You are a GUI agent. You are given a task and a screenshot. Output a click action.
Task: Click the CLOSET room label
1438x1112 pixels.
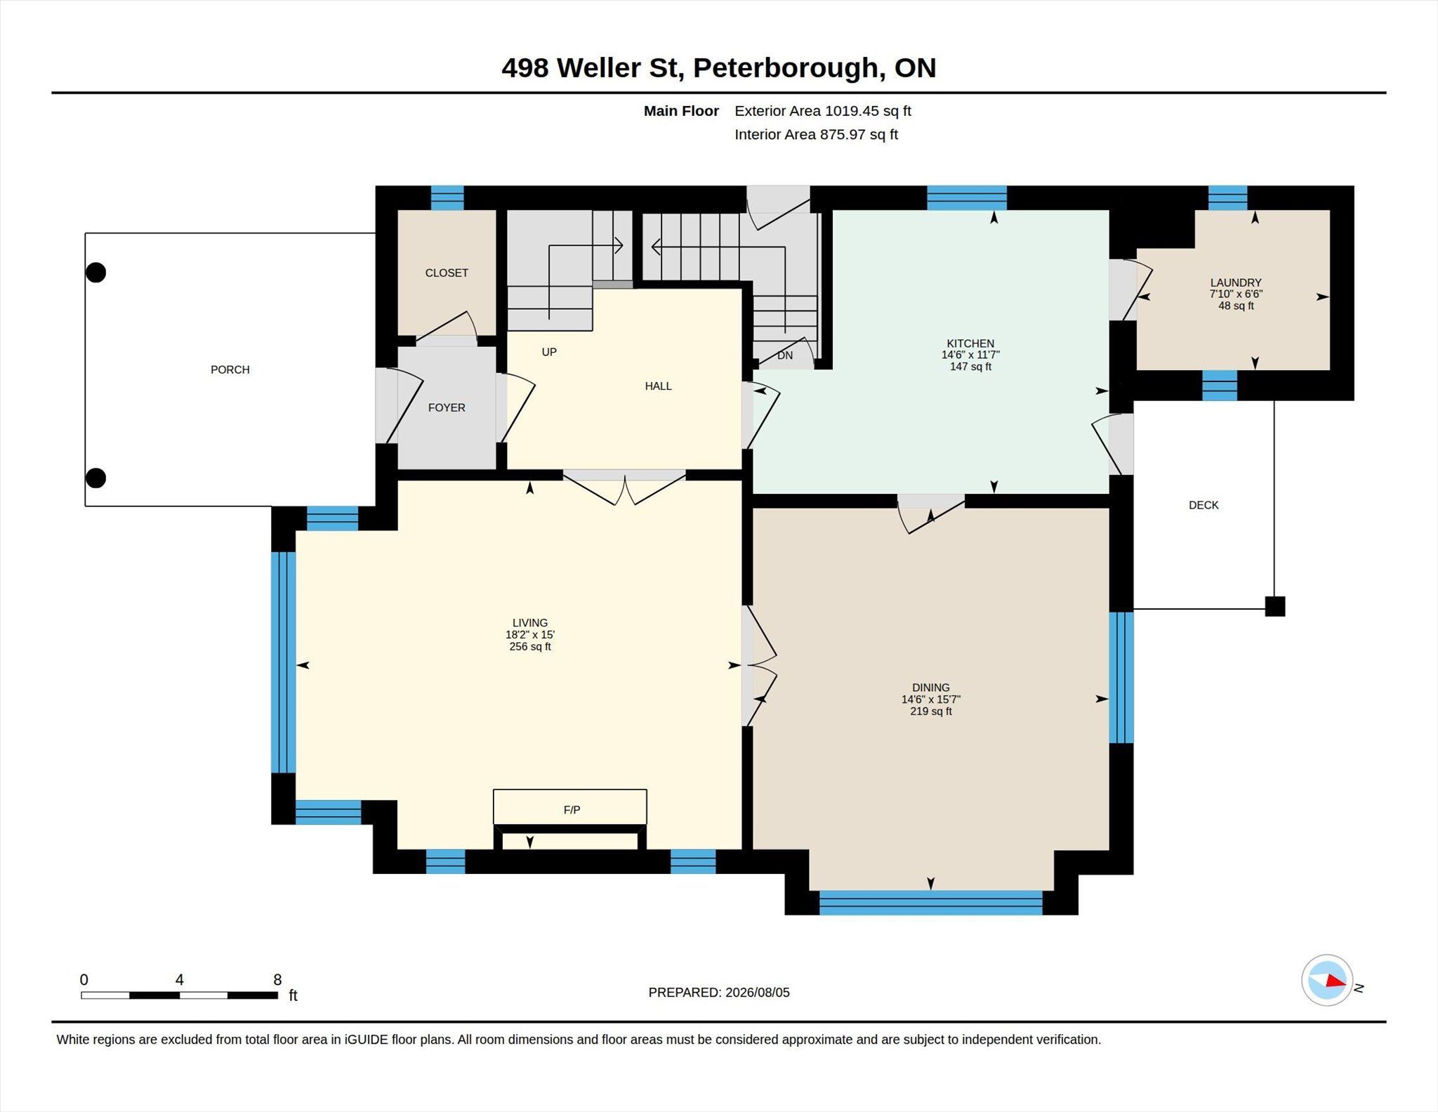447,273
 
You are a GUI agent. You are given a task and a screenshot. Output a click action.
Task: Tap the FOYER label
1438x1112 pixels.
447,407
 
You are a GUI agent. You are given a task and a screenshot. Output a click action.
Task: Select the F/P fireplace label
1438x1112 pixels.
572,810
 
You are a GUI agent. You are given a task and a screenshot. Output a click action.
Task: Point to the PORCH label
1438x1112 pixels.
230,369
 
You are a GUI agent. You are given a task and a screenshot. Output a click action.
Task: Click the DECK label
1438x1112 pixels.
1203,505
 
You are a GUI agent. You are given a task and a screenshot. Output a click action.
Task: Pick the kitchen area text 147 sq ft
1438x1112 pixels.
970,367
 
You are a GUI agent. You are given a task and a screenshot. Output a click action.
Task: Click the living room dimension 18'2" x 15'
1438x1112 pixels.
530,635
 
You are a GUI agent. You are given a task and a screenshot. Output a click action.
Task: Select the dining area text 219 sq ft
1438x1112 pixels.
931,712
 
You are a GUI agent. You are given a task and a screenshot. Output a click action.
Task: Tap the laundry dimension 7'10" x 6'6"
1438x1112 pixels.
1236,294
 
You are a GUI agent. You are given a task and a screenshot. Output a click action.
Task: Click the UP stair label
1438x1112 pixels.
549,352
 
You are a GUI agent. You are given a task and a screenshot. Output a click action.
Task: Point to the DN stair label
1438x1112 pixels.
785,355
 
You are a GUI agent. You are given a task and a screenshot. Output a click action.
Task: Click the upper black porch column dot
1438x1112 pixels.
95,272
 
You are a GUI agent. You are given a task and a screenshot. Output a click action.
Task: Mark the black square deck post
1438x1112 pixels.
1275,606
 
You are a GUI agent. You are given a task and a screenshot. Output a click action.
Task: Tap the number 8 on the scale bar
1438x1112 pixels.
277,980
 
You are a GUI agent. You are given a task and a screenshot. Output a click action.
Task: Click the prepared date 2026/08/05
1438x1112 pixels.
758,993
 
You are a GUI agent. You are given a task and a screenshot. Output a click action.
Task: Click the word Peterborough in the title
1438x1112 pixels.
786,68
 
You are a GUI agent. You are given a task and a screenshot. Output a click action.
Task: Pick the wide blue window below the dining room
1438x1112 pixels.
930,903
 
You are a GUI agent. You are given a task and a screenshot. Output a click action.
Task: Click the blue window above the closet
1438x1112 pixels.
447,198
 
